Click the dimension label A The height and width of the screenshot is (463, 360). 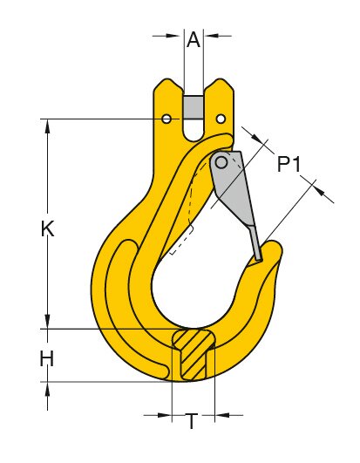[x=194, y=38]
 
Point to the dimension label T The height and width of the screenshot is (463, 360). [x=192, y=422]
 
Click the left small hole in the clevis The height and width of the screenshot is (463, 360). [x=167, y=119]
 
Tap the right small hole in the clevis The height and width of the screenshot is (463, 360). [x=221, y=119]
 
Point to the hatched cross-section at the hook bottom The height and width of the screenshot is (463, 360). [x=193, y=354]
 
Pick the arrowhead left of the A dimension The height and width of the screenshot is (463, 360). [x=178, y=36]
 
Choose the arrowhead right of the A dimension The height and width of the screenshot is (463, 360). [x=211, y=36]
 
